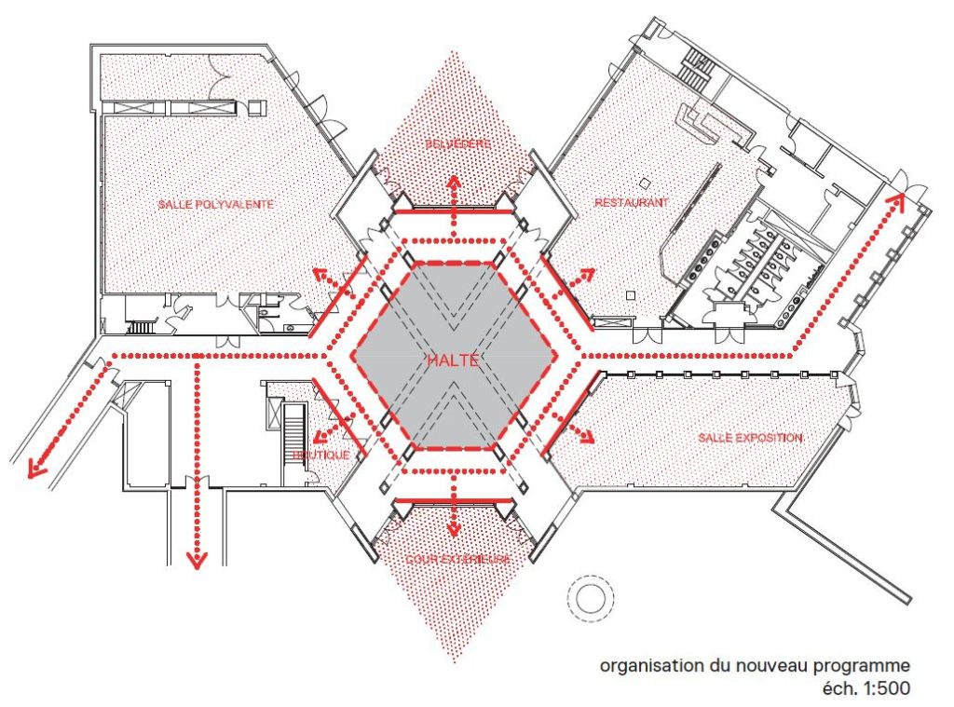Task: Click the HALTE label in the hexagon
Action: [453, 360]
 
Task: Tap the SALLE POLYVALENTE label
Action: [215, 204]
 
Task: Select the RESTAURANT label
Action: [632, 201]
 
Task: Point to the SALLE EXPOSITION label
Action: [751, 437]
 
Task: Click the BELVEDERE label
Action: [454, 144]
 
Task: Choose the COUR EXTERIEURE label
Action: [457, 559]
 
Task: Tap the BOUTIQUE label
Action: [320, 455]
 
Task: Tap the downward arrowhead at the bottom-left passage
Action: [196, 559]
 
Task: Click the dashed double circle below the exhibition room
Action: [590, 597]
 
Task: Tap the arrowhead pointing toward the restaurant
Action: [588, 273]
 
